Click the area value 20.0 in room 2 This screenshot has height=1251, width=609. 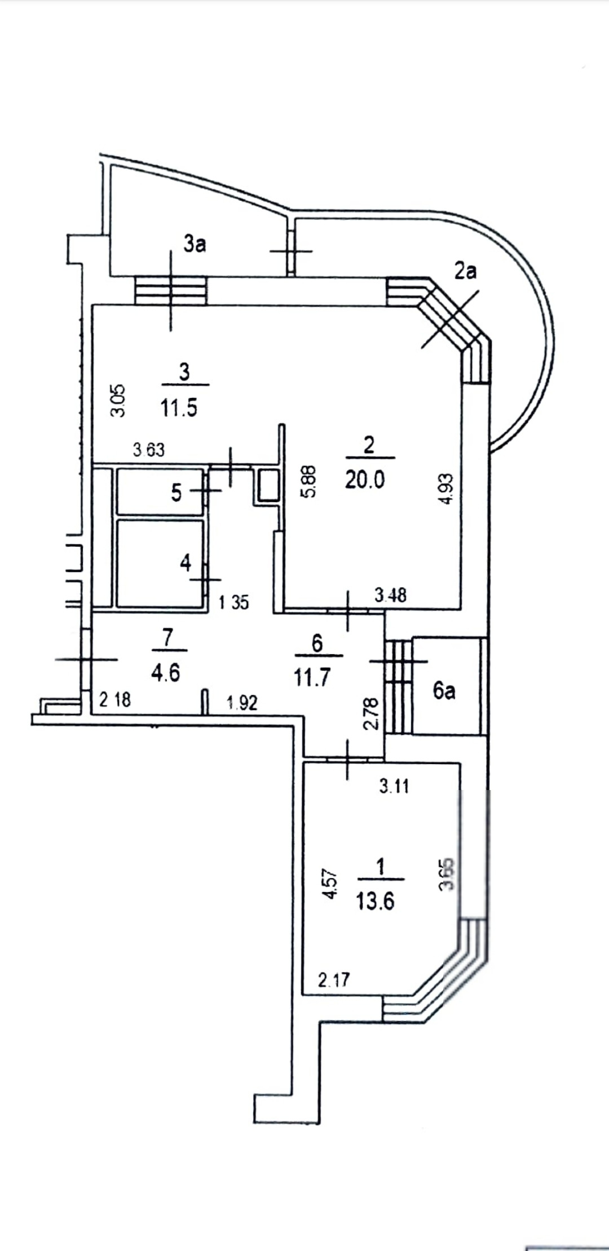[x=365, y=480]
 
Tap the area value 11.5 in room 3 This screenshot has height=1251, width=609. [x=179, y=407]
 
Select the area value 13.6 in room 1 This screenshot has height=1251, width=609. [x=375, y=901]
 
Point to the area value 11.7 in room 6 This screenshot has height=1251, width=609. [x=312, y=677]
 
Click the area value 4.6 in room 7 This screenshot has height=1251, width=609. [x=166, y=673]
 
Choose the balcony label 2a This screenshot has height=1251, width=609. [x=465, y=272]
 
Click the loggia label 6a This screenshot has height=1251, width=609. [x=444, y=691]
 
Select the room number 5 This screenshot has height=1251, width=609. [x=176, y=493]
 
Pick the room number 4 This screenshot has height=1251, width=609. [x=186, y=562]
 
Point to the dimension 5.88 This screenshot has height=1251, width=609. [x=310, y=480]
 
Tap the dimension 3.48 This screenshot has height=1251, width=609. [x=390, y=595]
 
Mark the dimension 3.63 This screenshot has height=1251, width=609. [x=148, y=450]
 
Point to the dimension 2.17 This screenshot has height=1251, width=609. [x=334, y=981]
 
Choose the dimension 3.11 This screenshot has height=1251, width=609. [x=394, y=786]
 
